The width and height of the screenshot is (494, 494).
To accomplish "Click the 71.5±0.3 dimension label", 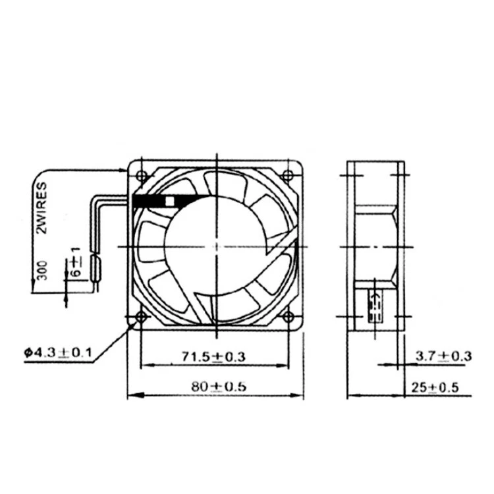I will click(213, 356).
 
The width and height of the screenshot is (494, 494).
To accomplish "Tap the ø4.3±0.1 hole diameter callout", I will click(57, 353).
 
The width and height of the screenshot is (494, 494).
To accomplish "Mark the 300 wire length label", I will click(41, 271).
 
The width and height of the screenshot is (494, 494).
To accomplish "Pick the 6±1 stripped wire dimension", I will click(76, 262).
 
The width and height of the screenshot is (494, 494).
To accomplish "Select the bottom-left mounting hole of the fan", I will click(141, 318).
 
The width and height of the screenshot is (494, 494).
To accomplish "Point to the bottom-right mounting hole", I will click(287, 318).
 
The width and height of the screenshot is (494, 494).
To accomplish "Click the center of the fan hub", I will click(215, 246).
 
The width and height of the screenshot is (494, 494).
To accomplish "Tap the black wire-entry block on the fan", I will click(151, 202).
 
